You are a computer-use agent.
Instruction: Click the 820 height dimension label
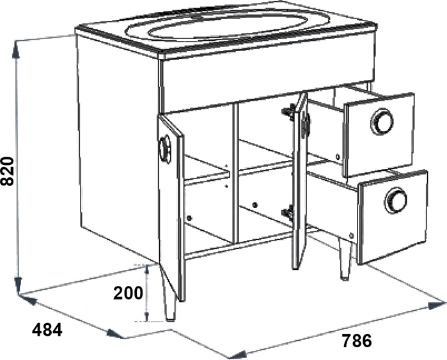coord(7,171)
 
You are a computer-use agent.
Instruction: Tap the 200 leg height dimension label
coord(128,293)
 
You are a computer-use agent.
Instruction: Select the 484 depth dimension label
coord(47,330)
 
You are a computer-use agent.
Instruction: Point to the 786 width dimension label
coord(357,341)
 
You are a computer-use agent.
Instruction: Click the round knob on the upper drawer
coord(382,121)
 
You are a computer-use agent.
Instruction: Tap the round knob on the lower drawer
coord(395,200)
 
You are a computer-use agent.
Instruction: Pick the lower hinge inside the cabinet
coord(288,212)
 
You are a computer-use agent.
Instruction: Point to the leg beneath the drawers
coord(345,258)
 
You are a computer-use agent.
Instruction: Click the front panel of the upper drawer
coord(379,134)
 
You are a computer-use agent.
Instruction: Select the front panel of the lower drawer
coord(394,217)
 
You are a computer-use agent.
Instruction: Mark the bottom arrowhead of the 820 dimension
coord(18,285)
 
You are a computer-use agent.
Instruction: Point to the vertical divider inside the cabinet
coord(235,174)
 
